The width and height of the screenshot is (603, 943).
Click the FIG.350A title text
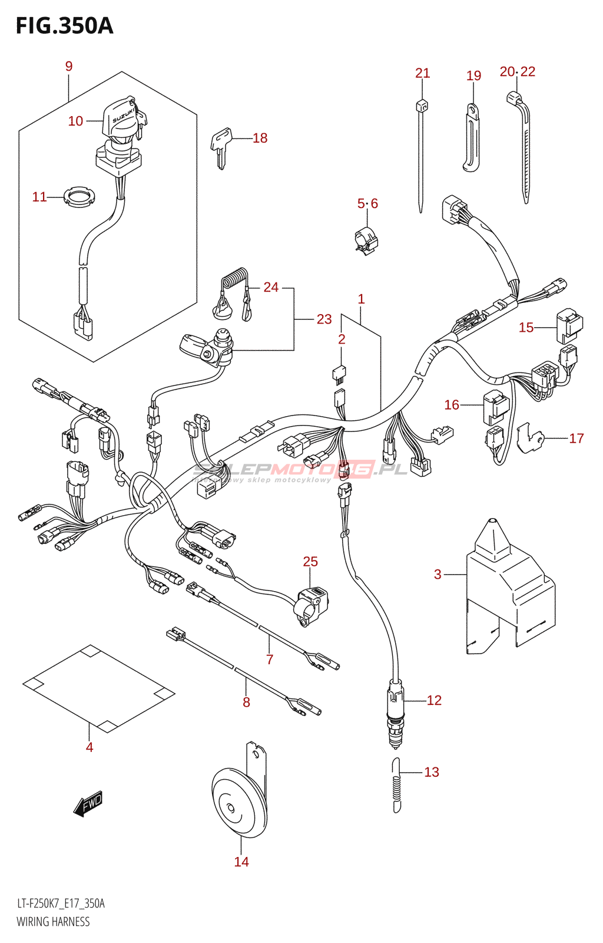[x=64, y=26]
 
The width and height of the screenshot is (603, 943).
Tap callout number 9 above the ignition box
[x=69, y=66]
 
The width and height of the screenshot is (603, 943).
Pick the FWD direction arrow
[x=88, y=803]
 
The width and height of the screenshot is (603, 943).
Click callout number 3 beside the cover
[x=438, y=574]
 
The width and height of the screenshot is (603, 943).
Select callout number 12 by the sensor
[x=434, y=700]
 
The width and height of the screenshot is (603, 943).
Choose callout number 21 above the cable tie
[x=423, y=73]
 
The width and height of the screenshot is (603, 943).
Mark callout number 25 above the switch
[x=310, y=562]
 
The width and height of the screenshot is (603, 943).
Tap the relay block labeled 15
[x=569, y=325]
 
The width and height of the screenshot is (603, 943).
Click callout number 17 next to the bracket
[x=577, y=438]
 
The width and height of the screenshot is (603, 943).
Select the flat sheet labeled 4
[x=99, y=688]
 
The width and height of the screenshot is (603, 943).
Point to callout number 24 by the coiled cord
[x=271, y=287]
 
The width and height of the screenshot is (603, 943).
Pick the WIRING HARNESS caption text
[x=53, y=922]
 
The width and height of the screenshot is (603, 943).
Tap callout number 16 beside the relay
[x=452, y=405]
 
